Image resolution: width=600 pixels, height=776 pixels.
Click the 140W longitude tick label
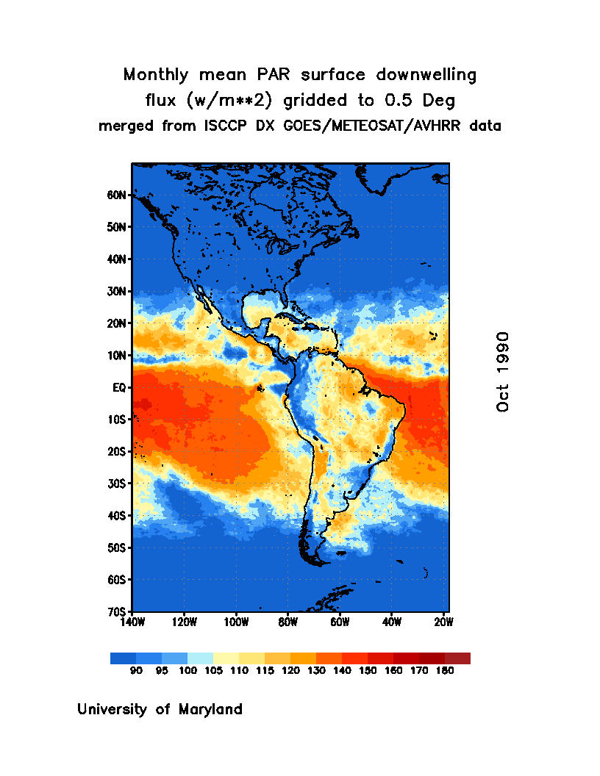(132, 622)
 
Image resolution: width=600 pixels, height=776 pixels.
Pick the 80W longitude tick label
(287, 622)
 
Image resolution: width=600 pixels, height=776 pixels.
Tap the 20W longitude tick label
(443, 622)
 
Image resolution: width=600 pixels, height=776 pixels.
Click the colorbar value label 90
(136, 671)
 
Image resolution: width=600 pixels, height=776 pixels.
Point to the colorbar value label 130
(315, 671)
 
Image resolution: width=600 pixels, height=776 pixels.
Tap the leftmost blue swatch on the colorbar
(123, 658)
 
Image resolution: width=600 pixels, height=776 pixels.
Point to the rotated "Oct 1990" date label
(503, 371)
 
